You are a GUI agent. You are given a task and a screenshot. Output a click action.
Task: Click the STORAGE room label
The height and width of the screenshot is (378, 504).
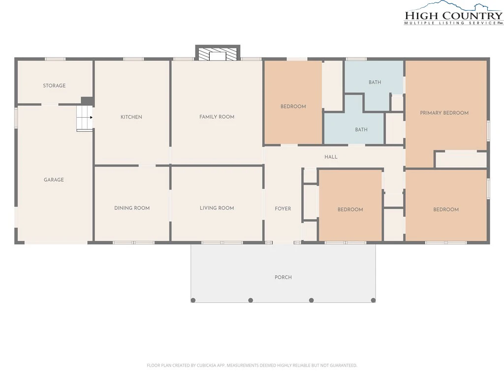coord(54,86)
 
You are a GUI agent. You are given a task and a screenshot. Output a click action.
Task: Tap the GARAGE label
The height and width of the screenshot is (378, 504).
coord(54,180)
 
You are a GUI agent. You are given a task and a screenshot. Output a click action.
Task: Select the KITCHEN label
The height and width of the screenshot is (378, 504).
coord(131,117)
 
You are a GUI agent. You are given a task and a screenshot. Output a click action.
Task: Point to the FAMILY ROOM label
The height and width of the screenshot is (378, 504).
coord(217,117)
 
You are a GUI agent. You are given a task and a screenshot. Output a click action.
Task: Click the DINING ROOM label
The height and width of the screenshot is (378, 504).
coord(132,208)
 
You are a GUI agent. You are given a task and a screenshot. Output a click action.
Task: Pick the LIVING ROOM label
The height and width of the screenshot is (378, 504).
coord(217,208)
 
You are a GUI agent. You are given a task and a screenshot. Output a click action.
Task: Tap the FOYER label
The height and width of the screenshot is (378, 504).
coord(283,209)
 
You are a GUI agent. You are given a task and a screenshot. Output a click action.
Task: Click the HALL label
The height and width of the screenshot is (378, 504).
coord(331,157)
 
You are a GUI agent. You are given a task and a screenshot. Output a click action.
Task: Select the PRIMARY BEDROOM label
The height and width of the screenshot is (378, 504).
coord(444,113)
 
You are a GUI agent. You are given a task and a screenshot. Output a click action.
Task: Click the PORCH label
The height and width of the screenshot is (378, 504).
coord(283,277)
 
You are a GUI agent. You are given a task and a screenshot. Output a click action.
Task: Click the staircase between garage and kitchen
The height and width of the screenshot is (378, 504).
coord(85,118)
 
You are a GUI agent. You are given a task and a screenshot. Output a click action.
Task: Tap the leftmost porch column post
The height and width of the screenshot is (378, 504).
coord(193,300)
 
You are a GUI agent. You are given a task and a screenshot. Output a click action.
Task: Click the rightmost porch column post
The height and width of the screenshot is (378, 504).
coord(373,300)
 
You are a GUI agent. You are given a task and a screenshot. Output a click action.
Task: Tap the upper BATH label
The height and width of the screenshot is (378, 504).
coord(375,82)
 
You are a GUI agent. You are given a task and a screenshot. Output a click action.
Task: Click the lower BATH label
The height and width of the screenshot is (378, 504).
coord(361,129)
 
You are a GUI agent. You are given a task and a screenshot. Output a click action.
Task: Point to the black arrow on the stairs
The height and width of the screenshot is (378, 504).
coord(91,117)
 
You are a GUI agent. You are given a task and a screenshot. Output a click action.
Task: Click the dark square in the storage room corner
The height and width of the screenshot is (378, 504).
coord(87,101)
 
